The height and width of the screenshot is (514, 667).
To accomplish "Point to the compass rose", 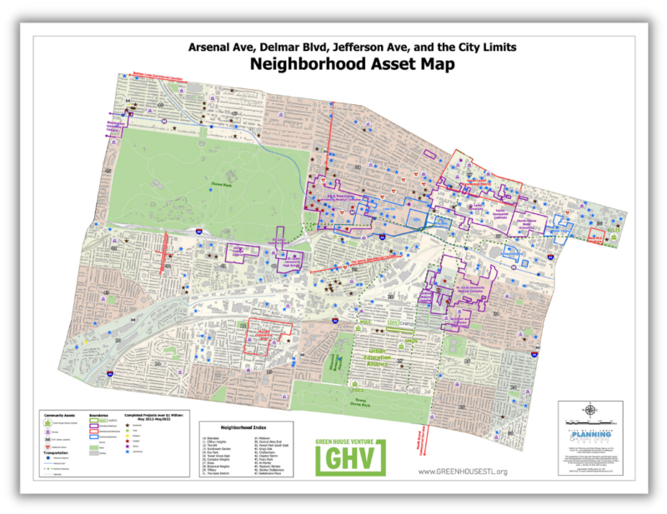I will [x=589, y=409].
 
